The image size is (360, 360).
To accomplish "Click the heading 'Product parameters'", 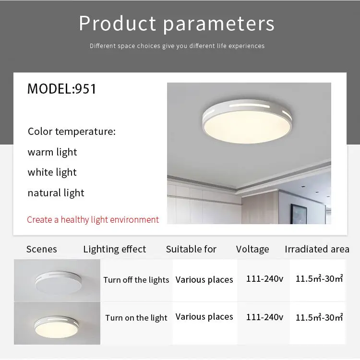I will coord(177,24).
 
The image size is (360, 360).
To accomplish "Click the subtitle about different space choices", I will coord(177,46).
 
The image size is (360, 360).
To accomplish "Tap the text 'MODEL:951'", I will coord(62,89).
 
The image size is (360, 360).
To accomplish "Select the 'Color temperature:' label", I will coord(72,132).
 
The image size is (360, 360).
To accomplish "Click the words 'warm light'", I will coord(52,152).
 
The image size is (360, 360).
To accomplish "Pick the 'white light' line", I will coord(52,172).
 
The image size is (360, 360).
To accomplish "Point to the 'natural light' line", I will coord(56,193).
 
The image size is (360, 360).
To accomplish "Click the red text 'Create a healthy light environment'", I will coord(93,220).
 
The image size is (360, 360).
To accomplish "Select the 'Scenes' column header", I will coord(41,249).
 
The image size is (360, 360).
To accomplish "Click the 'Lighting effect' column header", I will coord(114,249).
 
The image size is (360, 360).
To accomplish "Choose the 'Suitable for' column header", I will coord(191,249).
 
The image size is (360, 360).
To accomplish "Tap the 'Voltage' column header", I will coord(252,249).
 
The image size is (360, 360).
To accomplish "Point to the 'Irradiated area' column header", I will coord(317,249).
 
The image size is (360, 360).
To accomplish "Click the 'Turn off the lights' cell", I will coord(136,280).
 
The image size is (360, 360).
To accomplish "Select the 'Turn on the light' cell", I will coord(136,318).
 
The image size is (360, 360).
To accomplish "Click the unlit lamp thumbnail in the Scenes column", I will coord(57,280).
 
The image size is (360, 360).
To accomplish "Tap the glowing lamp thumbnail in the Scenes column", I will coord(57,323).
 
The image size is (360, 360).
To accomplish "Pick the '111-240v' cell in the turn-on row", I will coord(264,317).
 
